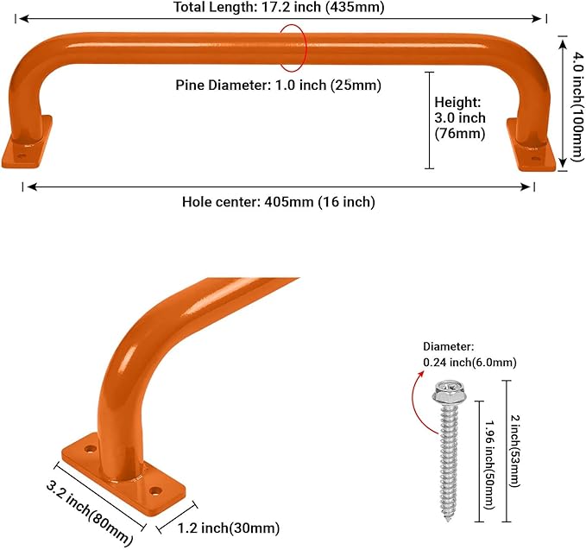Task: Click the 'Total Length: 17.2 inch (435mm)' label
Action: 279,7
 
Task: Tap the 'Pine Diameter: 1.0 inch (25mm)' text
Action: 279,85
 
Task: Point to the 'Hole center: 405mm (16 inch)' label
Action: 279,202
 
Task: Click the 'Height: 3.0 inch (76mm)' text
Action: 460,117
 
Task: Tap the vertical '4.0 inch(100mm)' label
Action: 577,106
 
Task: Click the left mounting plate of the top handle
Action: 26,144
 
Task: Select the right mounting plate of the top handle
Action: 532,146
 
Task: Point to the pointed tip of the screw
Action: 448,519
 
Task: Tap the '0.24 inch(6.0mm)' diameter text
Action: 469,363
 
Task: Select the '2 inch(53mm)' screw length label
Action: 515,451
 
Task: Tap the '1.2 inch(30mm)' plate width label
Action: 229,528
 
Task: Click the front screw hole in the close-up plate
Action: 154,490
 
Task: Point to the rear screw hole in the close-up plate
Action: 90,448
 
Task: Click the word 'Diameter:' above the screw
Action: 449,346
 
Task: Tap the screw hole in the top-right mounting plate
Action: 536,159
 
